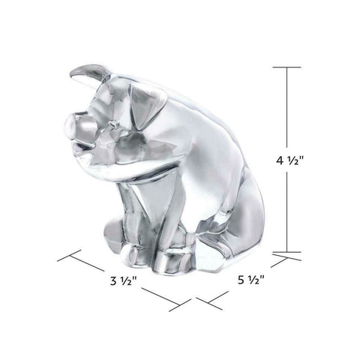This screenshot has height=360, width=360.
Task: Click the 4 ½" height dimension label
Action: pos(289,160)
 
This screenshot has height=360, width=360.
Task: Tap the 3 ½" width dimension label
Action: pos(123,281)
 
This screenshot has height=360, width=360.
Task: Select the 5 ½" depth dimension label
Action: pos(250,280)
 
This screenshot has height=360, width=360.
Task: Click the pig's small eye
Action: pos(114,123)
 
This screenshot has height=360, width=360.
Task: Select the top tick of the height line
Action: pos(286,67)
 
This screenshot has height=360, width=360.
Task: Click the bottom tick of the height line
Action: pos(286,252)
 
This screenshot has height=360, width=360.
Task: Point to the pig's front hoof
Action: pos(128,253)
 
